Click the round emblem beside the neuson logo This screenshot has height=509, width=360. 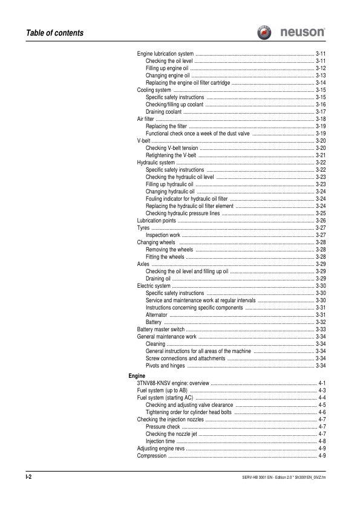(264, 32)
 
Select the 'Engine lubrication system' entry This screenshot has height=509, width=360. (166, 54)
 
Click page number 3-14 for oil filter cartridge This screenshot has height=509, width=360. (321, 83)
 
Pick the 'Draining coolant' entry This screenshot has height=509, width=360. (164, 112)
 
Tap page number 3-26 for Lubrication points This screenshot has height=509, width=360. (321, 221)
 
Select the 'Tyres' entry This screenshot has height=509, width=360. (143, 228)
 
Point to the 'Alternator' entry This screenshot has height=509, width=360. (157, 315)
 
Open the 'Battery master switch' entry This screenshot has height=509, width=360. (160, 329)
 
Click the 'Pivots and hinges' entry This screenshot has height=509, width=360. (166, 366)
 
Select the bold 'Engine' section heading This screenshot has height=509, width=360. (128, 377)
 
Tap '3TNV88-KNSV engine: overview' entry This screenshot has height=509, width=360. (172, 384)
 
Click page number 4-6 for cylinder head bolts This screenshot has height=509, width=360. (322, 413)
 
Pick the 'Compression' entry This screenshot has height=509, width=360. (152, 456)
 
